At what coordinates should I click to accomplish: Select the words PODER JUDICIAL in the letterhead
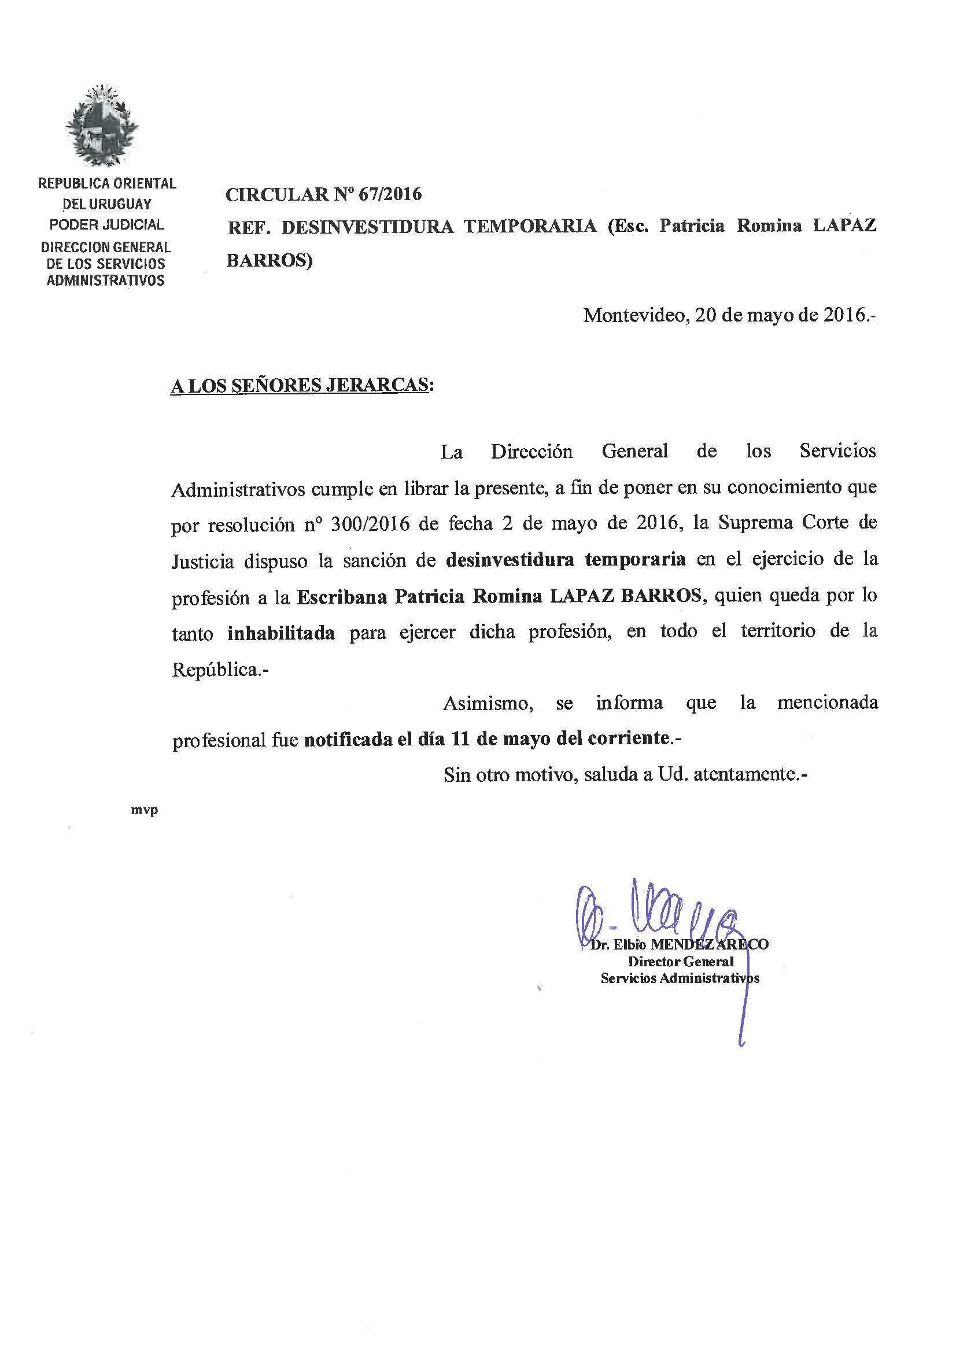tap(106, 224)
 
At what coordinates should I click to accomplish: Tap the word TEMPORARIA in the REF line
tap(530, 226)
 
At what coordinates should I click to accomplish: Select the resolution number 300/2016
tap(370, 523)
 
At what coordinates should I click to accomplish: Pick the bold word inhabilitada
tap(281, 634)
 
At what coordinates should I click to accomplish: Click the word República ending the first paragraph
tap(215, 670)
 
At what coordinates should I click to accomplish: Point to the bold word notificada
tap(348, 739)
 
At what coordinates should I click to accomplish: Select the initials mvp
tap(145, 811)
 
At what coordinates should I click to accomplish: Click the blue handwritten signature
tap(654, 915)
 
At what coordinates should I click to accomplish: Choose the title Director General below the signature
tap(680, 962)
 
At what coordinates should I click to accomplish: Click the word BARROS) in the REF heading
tap(269, 260)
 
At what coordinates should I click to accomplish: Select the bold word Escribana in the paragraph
tap(342, 597)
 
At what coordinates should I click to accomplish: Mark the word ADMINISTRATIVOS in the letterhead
tap(105, 280)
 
